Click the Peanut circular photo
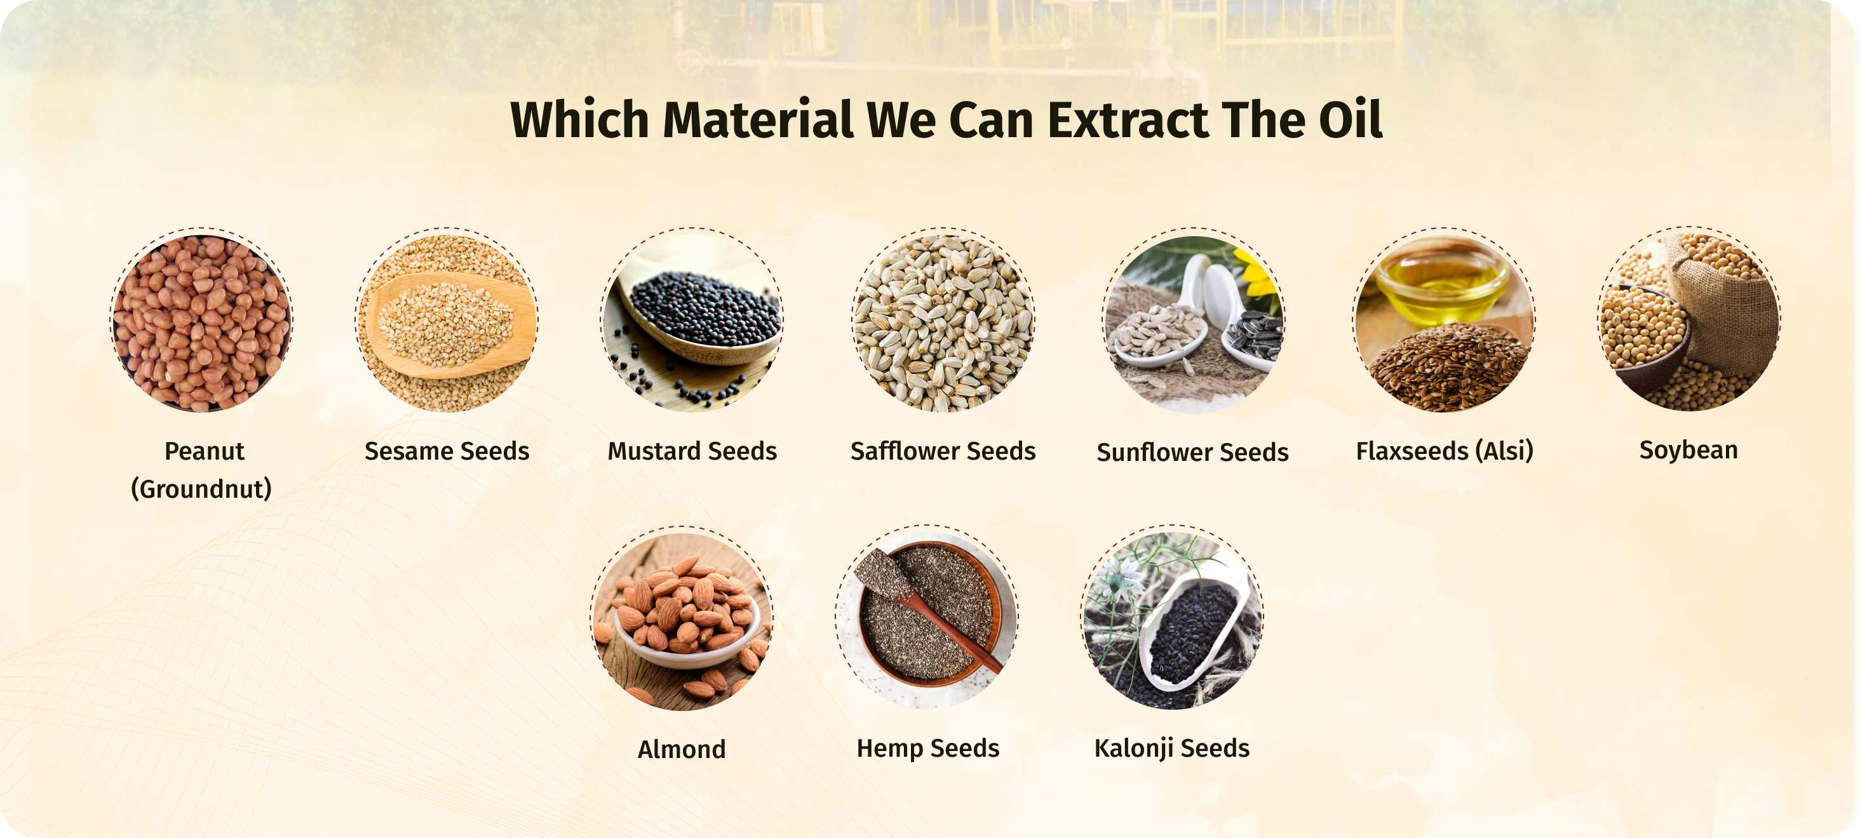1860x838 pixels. pos(201,322)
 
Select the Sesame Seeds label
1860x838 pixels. pos(447,451)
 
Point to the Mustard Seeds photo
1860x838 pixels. pos(692,322)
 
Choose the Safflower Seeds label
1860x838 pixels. pos(943,451)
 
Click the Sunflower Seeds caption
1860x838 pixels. pos(1193,453)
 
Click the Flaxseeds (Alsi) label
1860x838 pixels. pos(1445,451)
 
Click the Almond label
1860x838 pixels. pos(682,749)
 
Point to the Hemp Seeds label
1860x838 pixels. pos(929,749)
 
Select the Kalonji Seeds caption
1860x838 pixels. pos(1172,749)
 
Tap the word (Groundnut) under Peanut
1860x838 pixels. pos(201,489)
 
